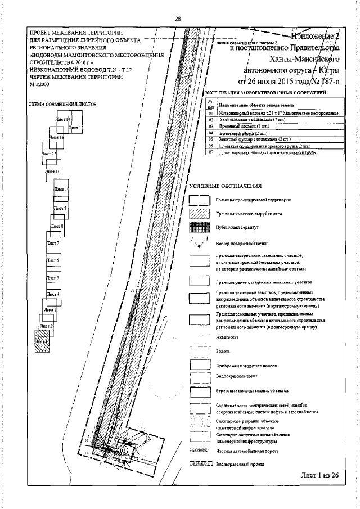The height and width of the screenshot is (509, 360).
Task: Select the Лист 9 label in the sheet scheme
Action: pos(60,209)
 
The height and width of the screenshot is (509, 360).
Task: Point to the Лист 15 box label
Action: pos(77,129)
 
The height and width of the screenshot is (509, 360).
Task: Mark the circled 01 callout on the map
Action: pos(115,410)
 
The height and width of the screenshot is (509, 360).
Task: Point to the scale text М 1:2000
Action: pos(39,83)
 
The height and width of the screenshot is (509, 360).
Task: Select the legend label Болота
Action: pos(222,350)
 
